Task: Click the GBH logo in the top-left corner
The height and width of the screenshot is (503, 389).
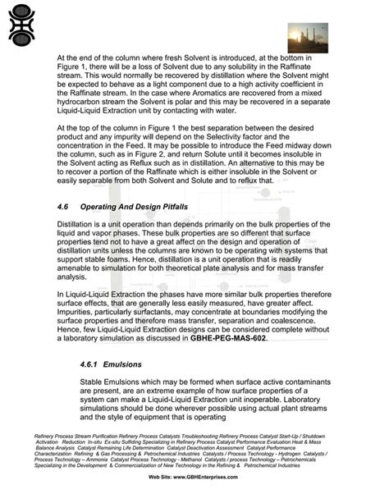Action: coord(22,22)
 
